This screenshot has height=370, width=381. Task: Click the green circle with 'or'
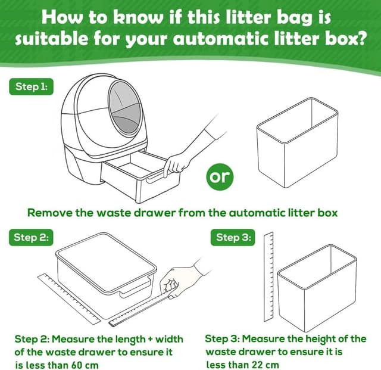point(220,177)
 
